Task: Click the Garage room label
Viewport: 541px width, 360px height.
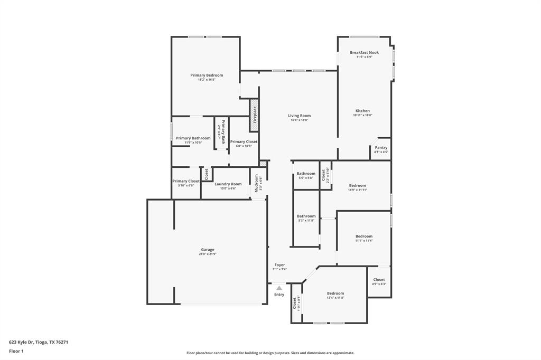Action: point(207,250)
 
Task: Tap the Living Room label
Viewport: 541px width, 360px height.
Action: point(299,116)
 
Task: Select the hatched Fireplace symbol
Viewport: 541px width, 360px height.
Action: point(254,115)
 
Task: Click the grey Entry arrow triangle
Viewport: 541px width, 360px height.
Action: point(279,288)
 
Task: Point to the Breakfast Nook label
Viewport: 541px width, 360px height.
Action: point(364,53)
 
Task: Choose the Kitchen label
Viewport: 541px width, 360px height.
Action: point(362,111)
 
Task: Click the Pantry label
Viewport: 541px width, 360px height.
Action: point(381,148)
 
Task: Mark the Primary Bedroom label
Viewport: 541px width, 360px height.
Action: point(207,75)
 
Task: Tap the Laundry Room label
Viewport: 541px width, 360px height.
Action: point(228,184)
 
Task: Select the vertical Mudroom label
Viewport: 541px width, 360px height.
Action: point(256,183)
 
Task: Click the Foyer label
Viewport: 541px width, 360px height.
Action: point(279,265)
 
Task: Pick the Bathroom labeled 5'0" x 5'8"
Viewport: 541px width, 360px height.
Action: point(306,174)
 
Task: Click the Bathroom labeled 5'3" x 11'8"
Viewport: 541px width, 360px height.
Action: point(306,216)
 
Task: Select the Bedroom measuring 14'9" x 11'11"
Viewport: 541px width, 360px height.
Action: point(357,186)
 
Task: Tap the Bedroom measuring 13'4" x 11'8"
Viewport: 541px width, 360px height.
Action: point(335,293)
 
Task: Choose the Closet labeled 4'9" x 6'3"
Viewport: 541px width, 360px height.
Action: point(379,280)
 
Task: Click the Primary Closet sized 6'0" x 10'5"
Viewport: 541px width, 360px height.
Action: point(244,141)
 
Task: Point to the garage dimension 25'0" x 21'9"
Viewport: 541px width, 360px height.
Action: point(207,254)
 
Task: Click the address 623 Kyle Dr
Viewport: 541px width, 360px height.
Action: point(39,342)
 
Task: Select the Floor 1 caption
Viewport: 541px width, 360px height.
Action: point(16,351)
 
